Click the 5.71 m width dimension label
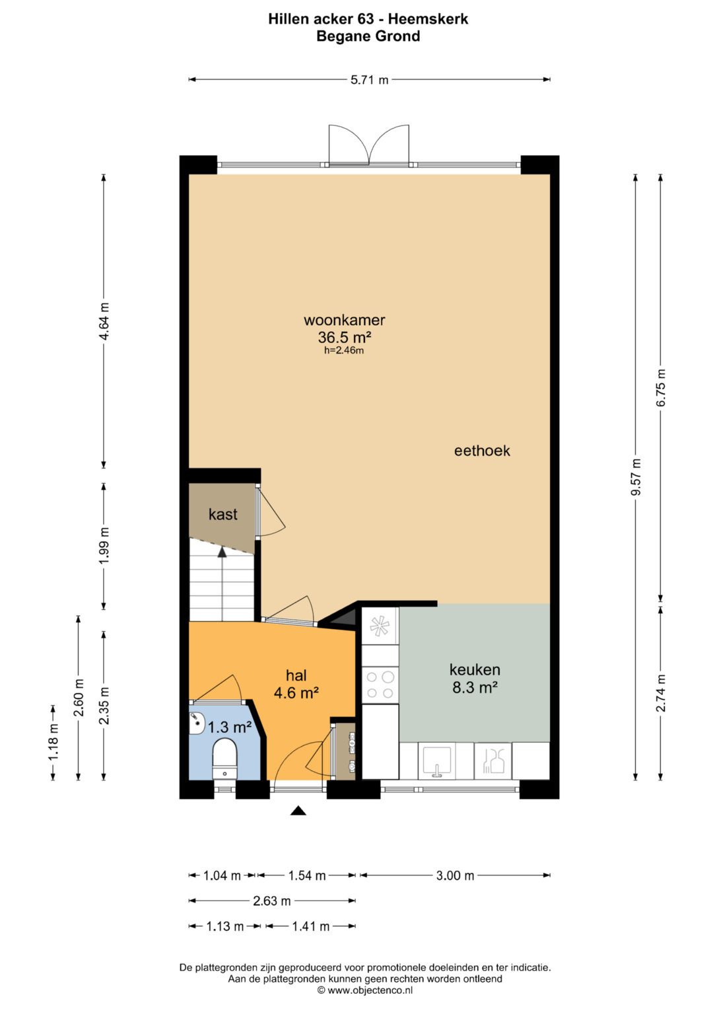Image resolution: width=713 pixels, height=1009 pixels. tap(369, 80)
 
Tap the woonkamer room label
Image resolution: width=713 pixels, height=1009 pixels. tap(345, 320)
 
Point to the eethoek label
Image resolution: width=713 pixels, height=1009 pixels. tap(482, 451)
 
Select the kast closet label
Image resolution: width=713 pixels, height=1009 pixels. tap(223, 514)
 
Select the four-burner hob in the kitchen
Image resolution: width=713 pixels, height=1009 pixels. tap(380, 685)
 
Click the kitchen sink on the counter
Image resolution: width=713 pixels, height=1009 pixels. tap(436, 761)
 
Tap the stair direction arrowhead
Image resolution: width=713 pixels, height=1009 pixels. tap(222, 552)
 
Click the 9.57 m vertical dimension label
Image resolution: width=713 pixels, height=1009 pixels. tap(636, 477)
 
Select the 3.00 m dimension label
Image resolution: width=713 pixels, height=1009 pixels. tap(455, 876)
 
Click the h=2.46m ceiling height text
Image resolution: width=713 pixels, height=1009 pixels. tap(344, 350)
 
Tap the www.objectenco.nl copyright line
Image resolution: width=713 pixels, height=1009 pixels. tap(365, 990)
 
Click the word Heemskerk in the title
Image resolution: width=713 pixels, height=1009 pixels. tap(428, 19)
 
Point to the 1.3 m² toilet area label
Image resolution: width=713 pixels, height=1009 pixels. tap(229, 727)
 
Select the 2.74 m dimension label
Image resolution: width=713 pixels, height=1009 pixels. tap(661, 692)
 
